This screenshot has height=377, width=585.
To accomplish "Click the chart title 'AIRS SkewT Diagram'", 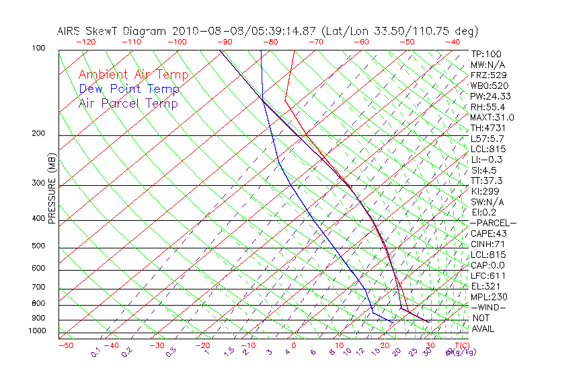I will point(112,31).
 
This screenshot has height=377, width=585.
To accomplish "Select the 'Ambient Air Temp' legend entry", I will point(134,75).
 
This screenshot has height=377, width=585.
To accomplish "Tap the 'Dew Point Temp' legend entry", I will point(129,89).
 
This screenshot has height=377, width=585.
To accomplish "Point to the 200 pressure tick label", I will point(39,133).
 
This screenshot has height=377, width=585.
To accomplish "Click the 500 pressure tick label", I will point(39,246).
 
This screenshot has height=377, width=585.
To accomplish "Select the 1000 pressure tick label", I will point(37,331).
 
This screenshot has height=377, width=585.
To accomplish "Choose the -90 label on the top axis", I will point(224,42).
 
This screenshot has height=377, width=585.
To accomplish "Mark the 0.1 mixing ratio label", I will point(95,352).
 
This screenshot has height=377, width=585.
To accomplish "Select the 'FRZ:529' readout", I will point(486,75).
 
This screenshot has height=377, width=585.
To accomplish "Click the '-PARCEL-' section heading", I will point(493,223).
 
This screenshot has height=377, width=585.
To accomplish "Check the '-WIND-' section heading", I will point(488,307).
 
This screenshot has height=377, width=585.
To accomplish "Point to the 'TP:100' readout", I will point(485,54).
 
